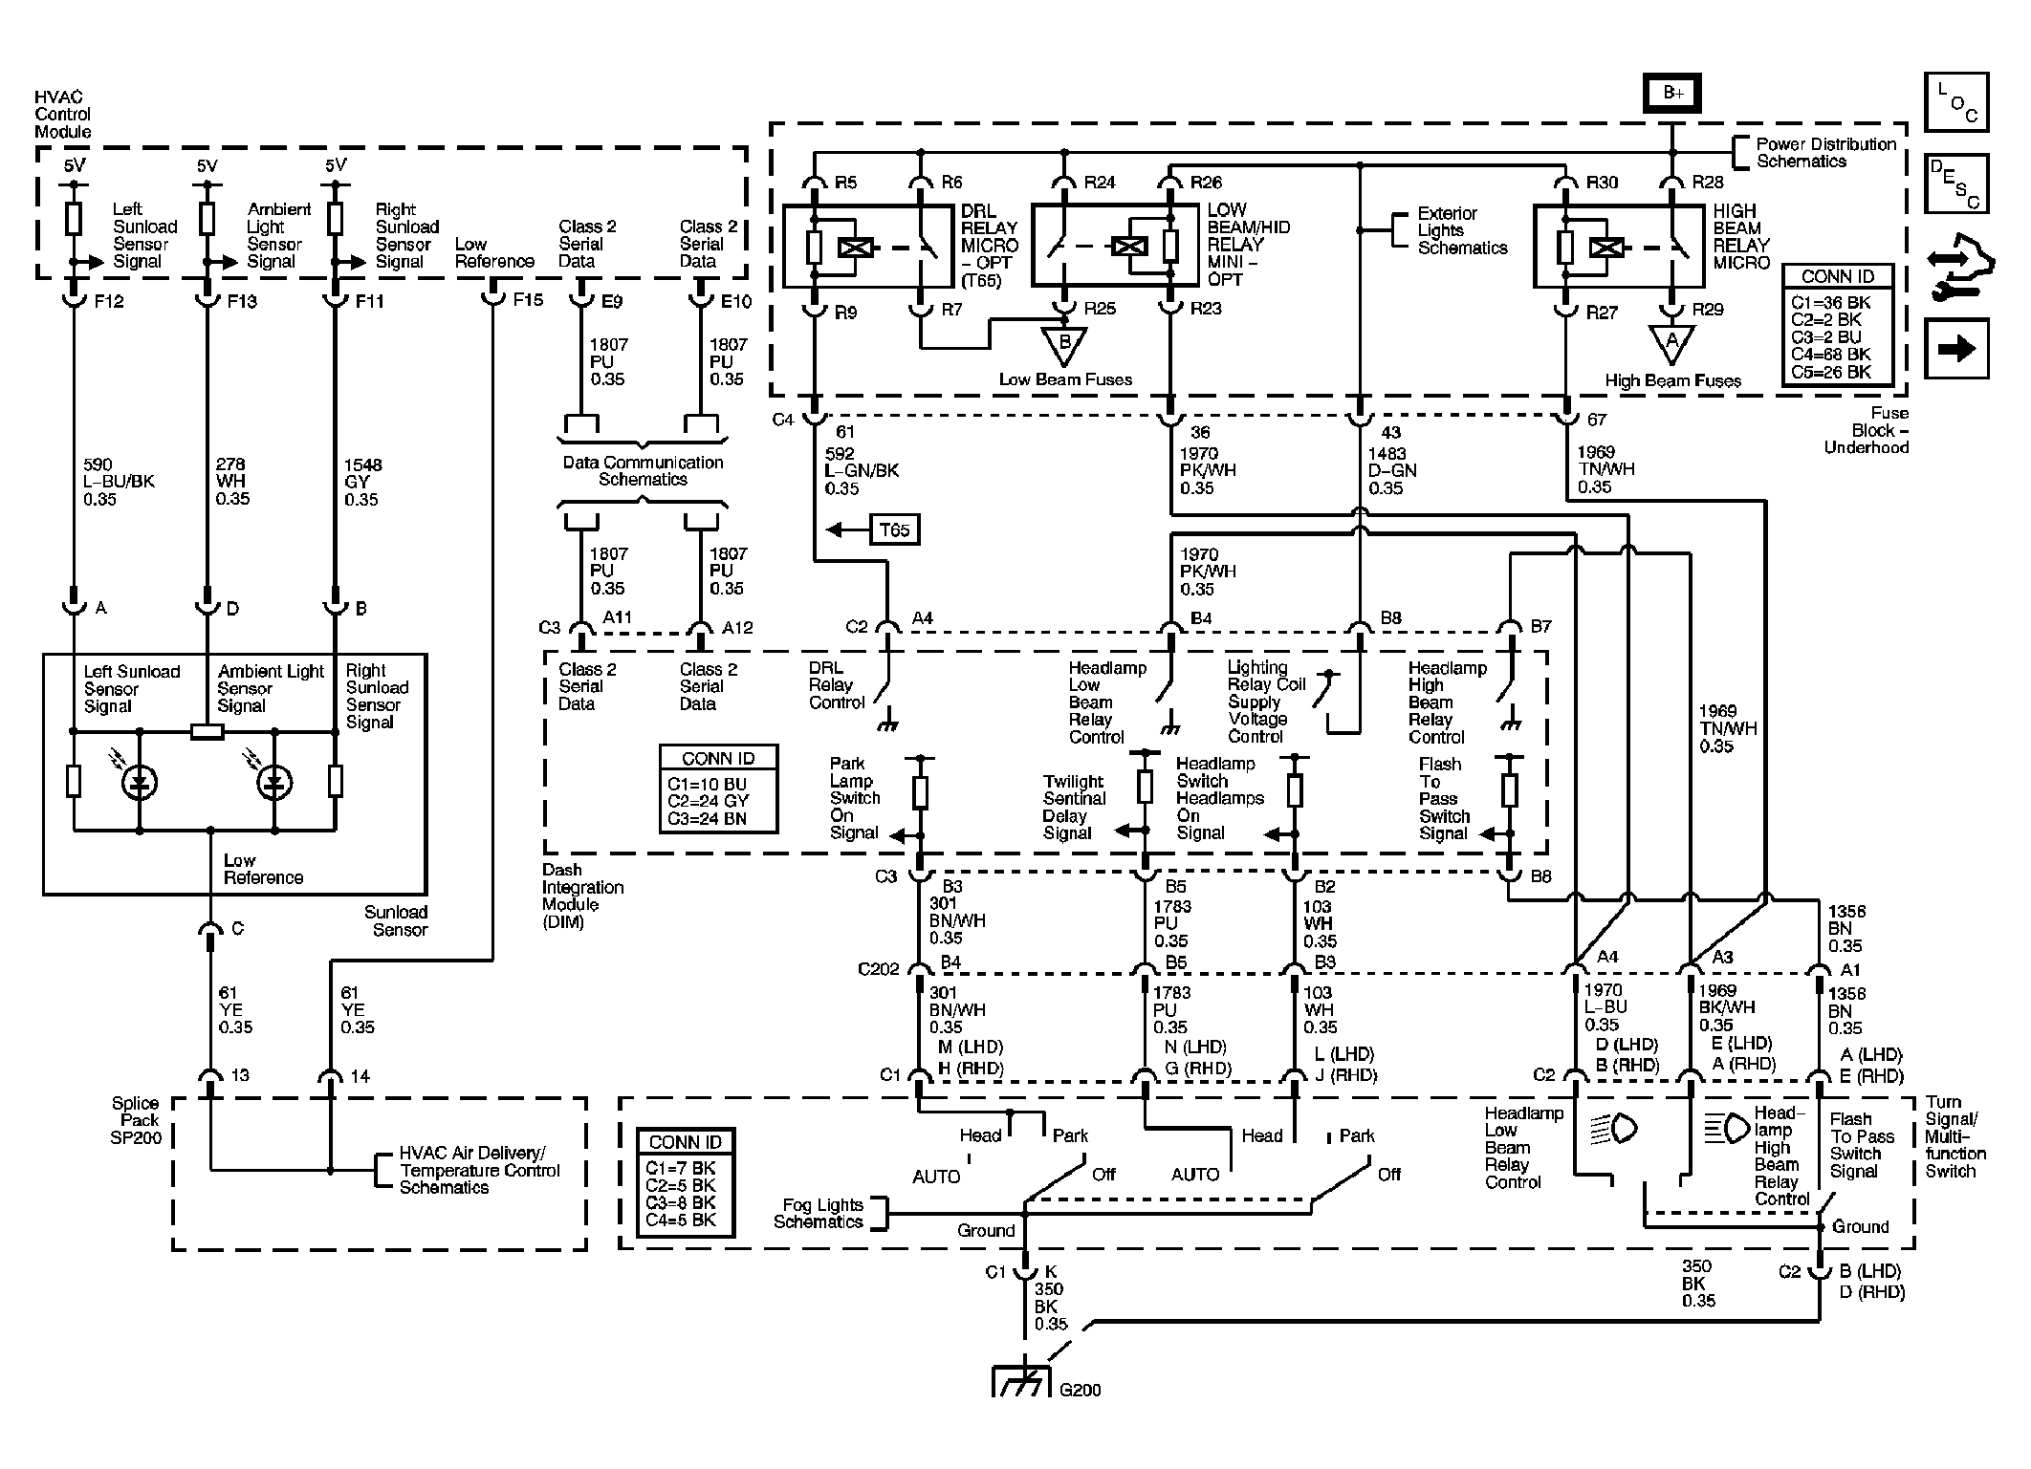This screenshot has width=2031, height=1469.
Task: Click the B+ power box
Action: pyautogui.click(x=1672, y=93)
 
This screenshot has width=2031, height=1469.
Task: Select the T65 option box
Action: pyautogui.click(x=894, y=529)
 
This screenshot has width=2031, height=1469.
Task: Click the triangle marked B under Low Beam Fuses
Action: pyautogui.click(x=1063, y=346)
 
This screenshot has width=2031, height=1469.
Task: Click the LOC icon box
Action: pyautogui.click(x=1956, y=101)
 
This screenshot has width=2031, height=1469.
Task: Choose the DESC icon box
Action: pyautogui.click(x=1956, y=183)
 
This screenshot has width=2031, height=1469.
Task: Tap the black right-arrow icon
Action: pyautogui.click(x=1956, y=349)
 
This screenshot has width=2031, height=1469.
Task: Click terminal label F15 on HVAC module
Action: pyautogui.click(x=528, y=300)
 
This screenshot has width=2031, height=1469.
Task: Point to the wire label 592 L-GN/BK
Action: pyautogui.click(x=862, y=471)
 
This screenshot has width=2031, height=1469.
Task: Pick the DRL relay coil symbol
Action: pyautogui.click(x=850, y=248)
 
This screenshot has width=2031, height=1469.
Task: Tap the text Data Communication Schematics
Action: pyautogui.click(x=643, y=471)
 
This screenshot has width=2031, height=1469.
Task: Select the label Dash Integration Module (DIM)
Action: pyautogui.click(x=582, y=897)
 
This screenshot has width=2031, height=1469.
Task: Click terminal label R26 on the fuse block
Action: pyautogui.click(x=1207, y=183)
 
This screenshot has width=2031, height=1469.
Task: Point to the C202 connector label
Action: pyautogui.click(x=879, y=969)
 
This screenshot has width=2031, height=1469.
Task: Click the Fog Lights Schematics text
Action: pyautogui.click(x=819, y=1214)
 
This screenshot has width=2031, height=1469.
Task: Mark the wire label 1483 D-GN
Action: pyautogui.click(x=1391, y=471)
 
